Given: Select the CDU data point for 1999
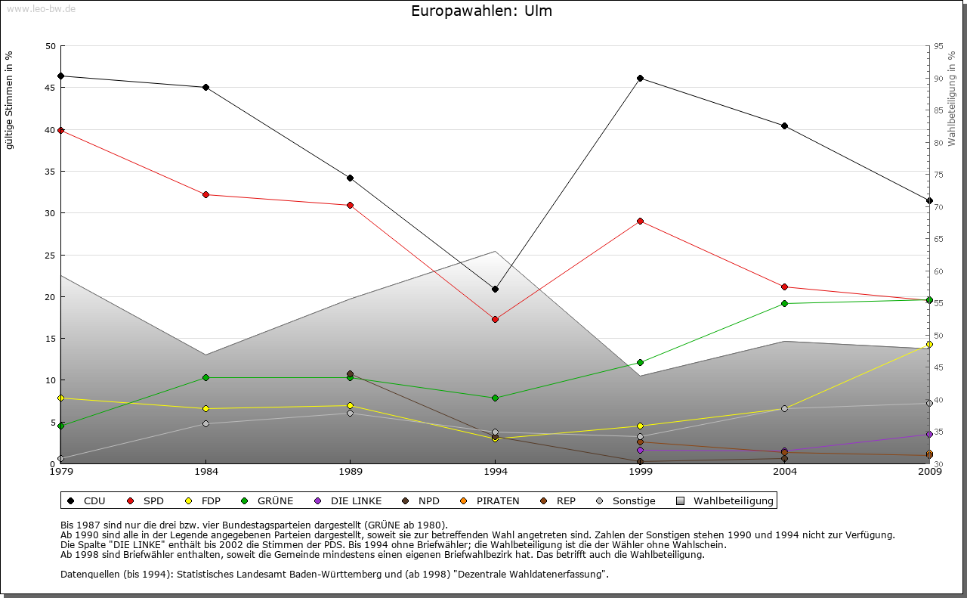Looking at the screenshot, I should coord(640,78).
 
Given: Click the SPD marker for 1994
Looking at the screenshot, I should coord(495,319).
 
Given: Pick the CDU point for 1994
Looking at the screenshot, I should coord(495,289).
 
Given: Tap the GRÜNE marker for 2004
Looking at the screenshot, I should coord(785,303).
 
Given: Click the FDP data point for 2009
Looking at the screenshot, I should coord(929,344).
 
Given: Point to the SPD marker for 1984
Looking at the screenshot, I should coord(205,194).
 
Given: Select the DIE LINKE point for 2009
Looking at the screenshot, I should coord(929,434).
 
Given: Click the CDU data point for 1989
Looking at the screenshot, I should coord(351,178).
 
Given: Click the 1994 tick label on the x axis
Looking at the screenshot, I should coord(496,473).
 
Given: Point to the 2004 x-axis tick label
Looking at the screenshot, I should coord(785,473).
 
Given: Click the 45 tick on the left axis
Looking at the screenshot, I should coord(51,88).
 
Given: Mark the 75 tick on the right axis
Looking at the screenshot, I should coord(938,175).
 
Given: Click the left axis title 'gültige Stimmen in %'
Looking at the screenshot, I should coord(10,101).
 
